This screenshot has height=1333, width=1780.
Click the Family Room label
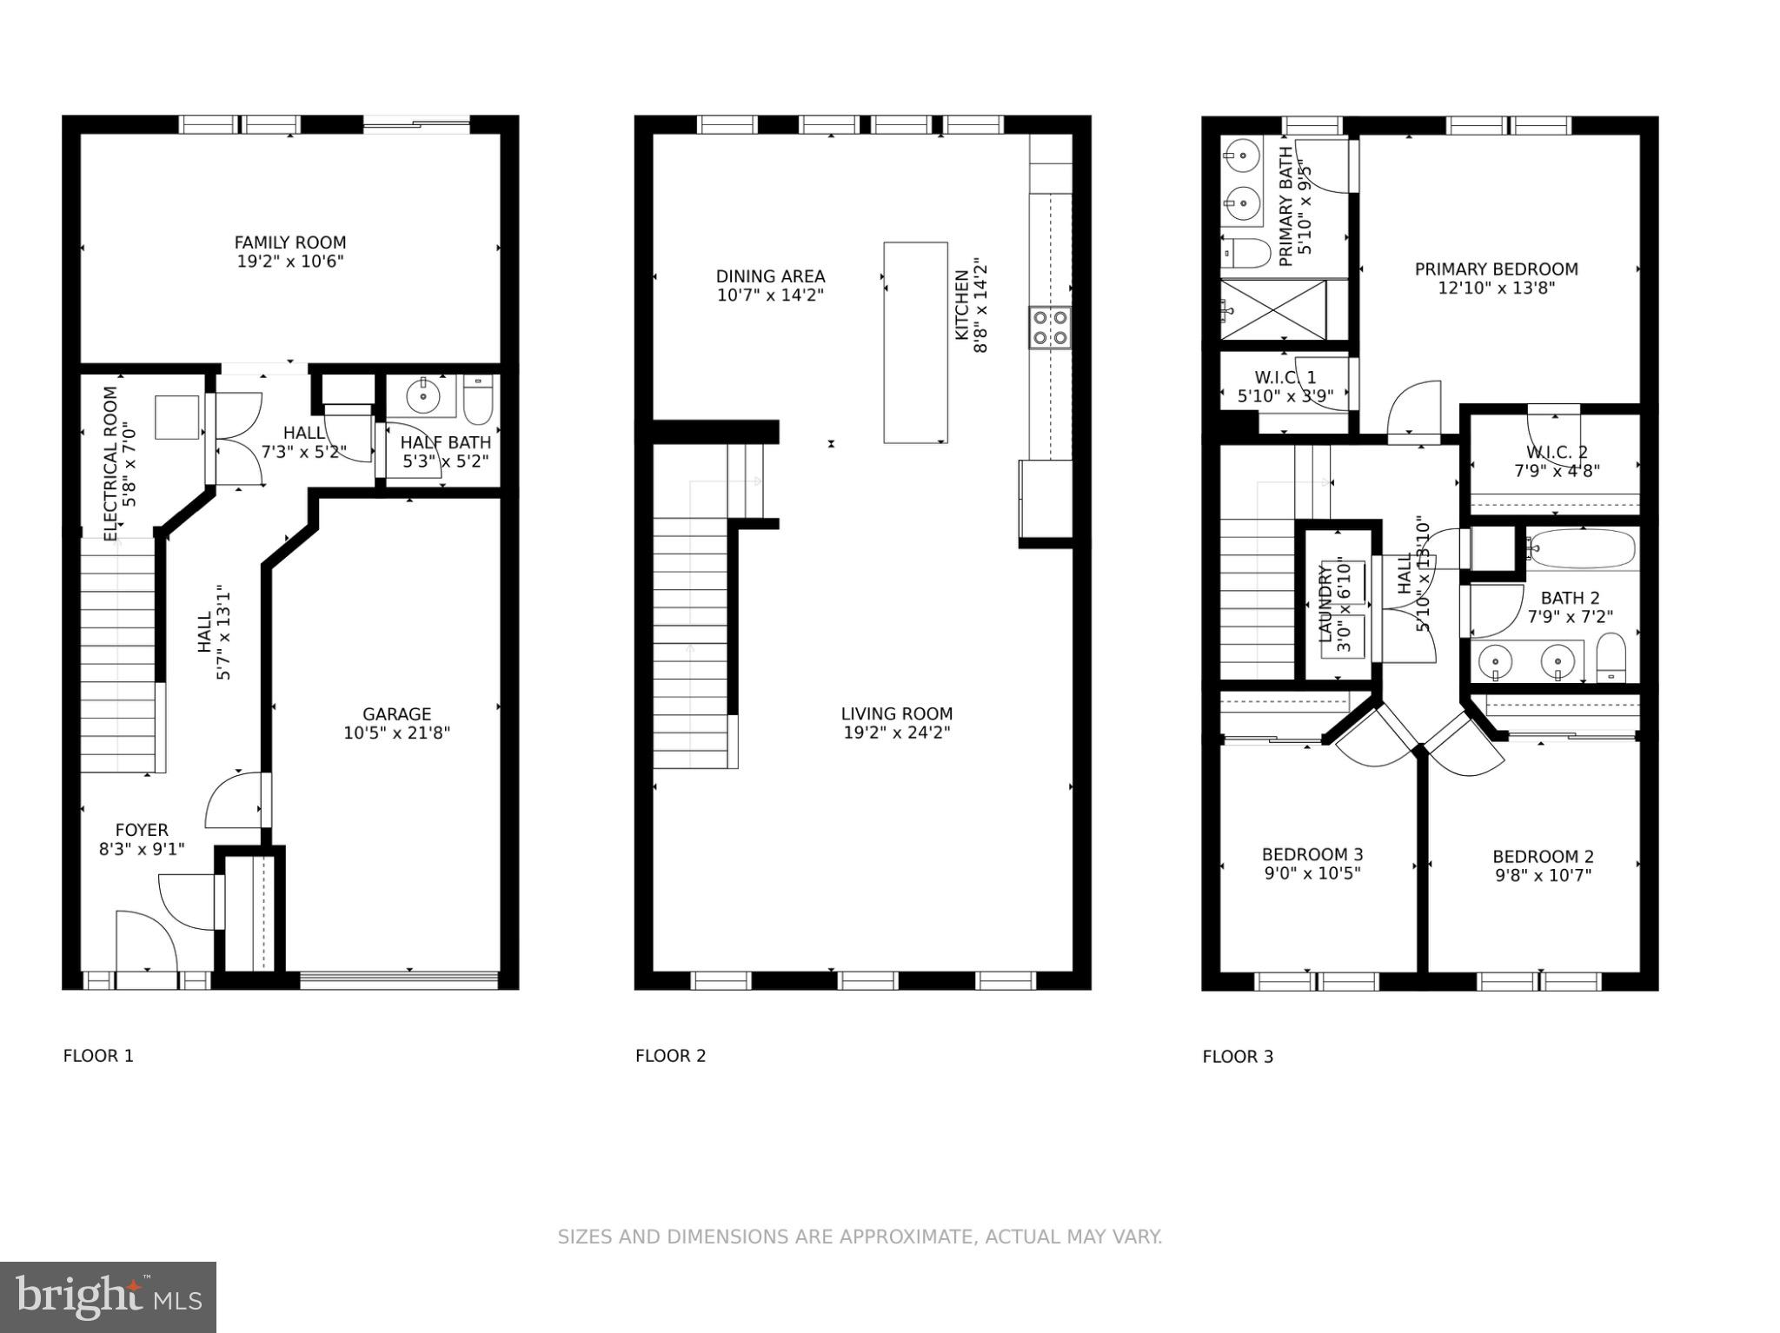pos(289,242)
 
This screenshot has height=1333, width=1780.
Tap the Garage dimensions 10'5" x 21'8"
pos(396,733)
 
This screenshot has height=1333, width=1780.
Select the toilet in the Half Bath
pos(478,399)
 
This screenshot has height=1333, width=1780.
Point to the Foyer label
pos(142,830)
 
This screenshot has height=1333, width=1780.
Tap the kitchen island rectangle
pos(915,342)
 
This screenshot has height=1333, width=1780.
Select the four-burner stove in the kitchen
pos(1050,328)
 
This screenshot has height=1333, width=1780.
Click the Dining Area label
pos(770,276)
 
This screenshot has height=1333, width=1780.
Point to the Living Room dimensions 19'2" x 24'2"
pos(896,733)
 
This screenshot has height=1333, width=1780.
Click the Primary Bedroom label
pos(1496,269)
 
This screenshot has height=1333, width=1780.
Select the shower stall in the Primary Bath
pos(1272,309)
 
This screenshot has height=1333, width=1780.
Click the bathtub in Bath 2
pos(1582,549)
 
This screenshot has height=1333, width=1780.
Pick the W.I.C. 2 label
pos(1557,452)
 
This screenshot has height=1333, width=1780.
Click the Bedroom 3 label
pos(1312,854)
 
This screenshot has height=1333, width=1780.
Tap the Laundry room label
pos(1325,604)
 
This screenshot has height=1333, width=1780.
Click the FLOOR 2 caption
pos(670,1056)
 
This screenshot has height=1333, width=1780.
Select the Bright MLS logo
pos(108,1297)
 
